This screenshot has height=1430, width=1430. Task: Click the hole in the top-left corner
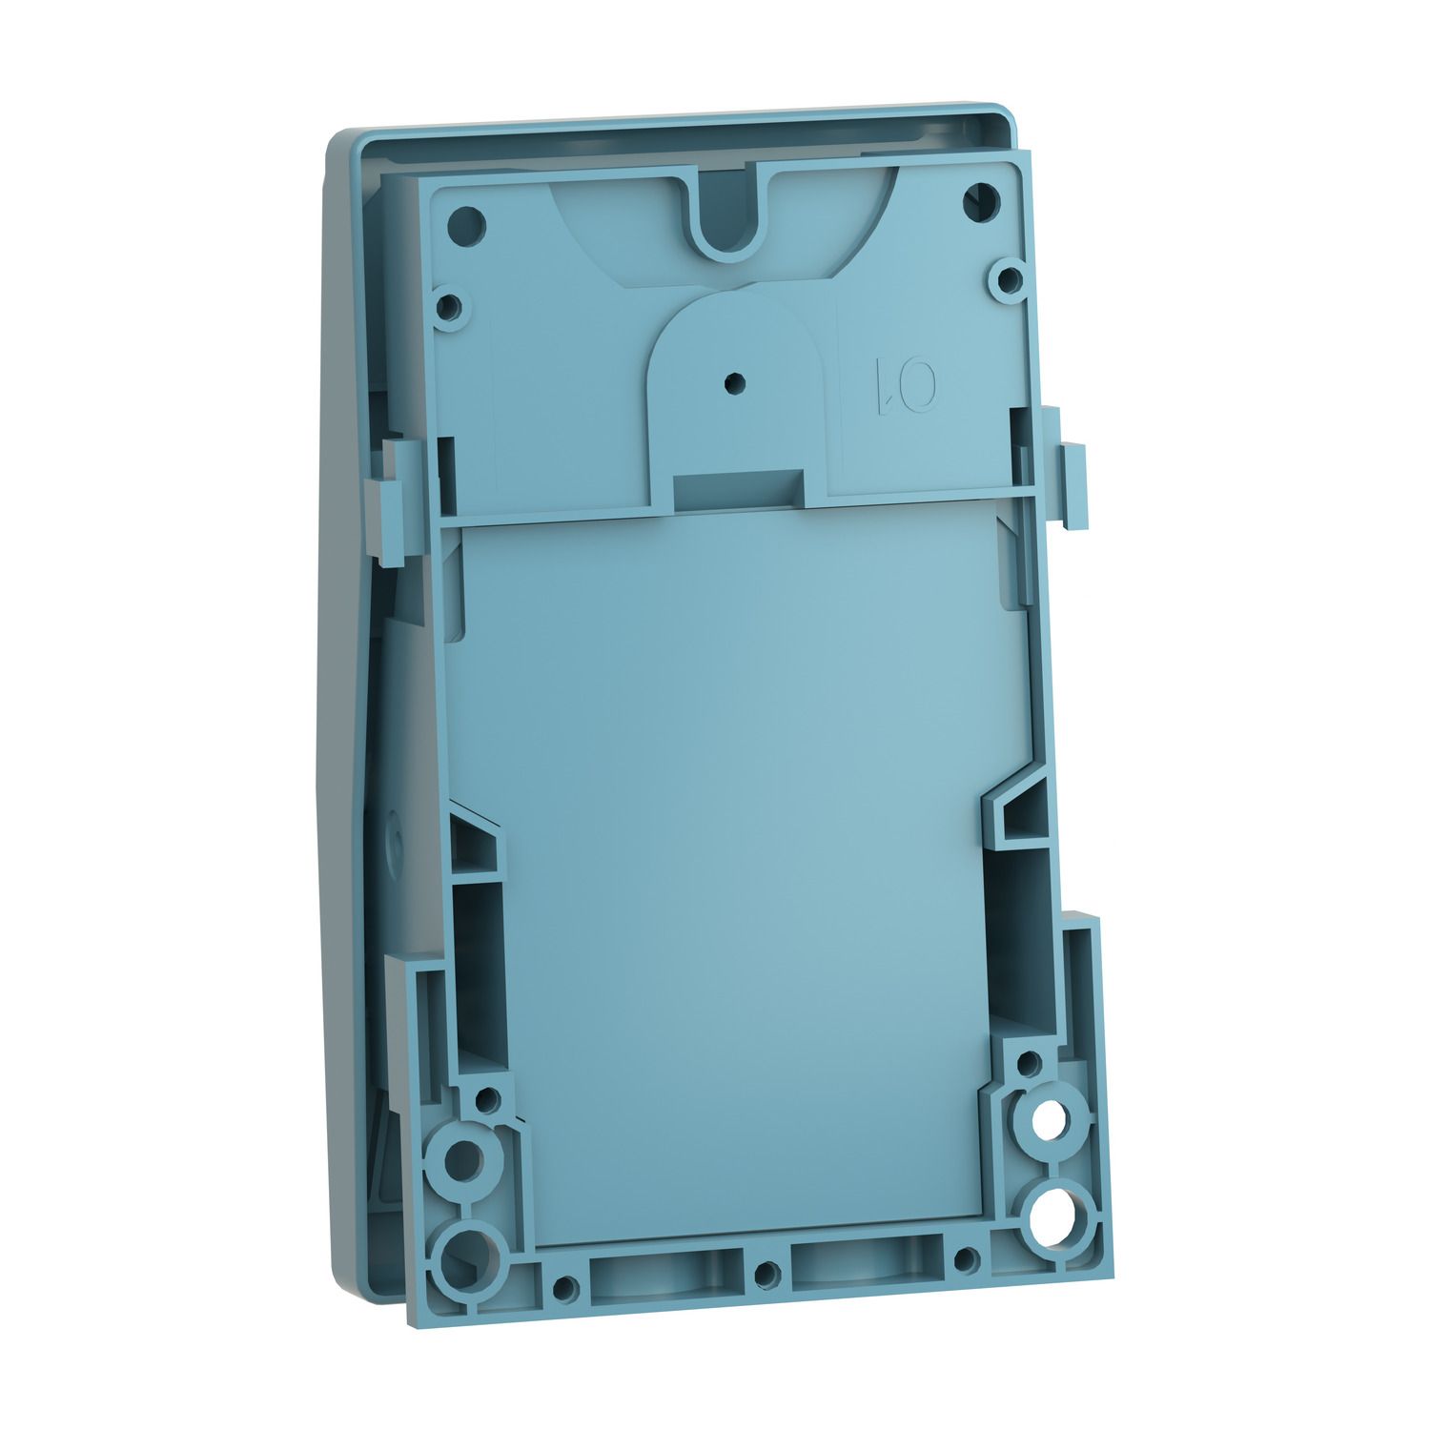(466, 226)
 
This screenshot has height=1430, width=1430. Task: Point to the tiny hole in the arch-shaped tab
(732, 381)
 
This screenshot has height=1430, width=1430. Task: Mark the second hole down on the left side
(452, 307)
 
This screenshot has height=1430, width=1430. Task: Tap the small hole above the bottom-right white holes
(1028, 1061)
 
